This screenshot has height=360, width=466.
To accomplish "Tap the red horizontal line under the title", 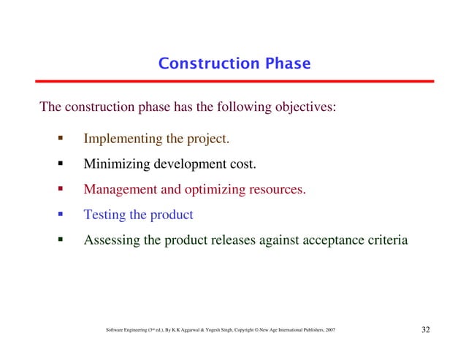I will click(x=233, y=81).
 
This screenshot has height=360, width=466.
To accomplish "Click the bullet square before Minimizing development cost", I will click(x=61, y=163).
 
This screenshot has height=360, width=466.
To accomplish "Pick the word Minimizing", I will click(x=115, y=164).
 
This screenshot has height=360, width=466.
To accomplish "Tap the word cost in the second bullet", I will click(x=242, y=164).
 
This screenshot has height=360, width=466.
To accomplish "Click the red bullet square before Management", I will click(x=61, y=188).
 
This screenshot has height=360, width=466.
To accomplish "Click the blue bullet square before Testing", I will click(x=61, y=214).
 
